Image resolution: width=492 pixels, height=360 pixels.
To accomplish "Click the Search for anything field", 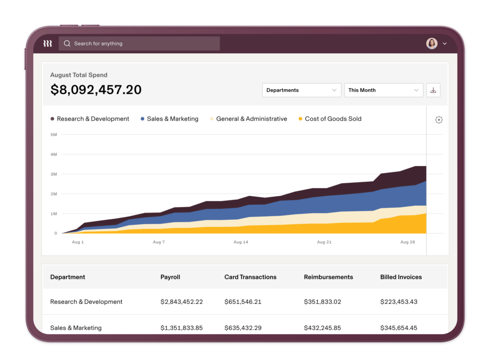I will pyautogui.click(x=139, y=44).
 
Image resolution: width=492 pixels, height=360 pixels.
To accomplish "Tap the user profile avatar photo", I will pyautogui.click(x=431, y=44).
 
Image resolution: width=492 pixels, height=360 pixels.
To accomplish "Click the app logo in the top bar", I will pyautogui.click(x=48, y=44).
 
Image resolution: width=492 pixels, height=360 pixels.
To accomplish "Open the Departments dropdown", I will pyautogui.click(x=302, y=90).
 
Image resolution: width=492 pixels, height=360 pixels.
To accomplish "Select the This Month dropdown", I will pyautogui.click(x=383, y=90).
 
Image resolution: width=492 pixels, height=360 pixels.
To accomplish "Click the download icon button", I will pyautogui.click(x=433, y=90).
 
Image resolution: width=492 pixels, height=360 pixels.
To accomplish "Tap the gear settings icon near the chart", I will pyautogui.click(x=439, y=120).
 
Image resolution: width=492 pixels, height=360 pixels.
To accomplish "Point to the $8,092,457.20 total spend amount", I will pyautogui.click(x=96, y=90).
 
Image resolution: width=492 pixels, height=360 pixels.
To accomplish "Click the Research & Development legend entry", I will pyautogui.click(x=90, y=119).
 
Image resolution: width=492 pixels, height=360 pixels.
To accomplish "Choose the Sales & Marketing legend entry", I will pyautogui.click(x=169, y=119).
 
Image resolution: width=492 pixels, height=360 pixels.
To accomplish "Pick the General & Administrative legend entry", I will pyautogui.click(x=248, y=119).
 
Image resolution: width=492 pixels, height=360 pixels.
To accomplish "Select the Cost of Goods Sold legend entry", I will pyautogui.click(x=330, y=119).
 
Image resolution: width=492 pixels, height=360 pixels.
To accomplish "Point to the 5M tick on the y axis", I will pyautogui.click(x=54, y=134).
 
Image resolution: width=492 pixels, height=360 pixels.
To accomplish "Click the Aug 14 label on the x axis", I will pyautogui.click(x=241, y=242).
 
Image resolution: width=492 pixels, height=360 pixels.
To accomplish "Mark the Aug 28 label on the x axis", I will pyautogui.click(x=407, y=242).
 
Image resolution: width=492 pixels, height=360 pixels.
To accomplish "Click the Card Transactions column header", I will pyautogui.click(x=250, y=277).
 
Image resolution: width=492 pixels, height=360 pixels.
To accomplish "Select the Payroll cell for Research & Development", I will pyautogui.click(x=182, y=302).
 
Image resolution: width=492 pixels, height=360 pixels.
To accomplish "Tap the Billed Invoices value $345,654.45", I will pyautogui.click(x=399, y=328).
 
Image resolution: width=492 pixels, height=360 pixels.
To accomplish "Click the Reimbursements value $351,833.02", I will pyautogui.click(x=322, y=302).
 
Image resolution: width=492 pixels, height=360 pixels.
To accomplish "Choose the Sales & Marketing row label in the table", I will pyautogui.click(x=76, y=328).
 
